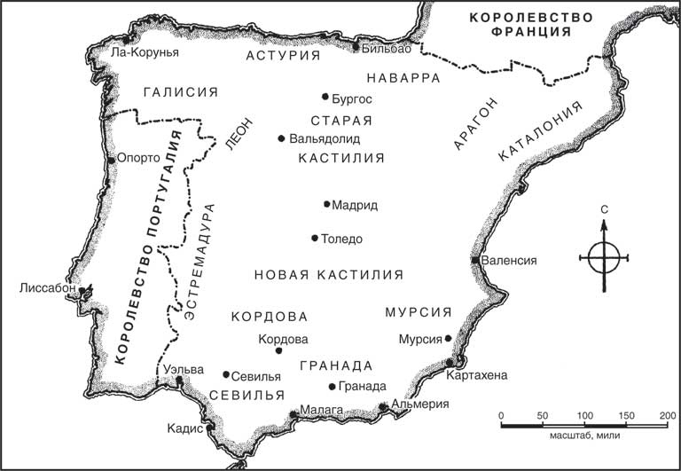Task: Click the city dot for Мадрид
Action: pyautogui.click(x=327, y=204)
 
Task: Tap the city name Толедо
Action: pyautogui.click(x=343, y=239)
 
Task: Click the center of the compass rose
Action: pyautogui.click(x=604, y=258)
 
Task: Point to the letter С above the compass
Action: pyautogui.click(x=604, y=209)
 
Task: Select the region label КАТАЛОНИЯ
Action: pyautogui.click(x=540, y=130)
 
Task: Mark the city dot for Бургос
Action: pyautogui.click(x=325, y=97)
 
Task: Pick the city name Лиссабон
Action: pyautogui.click(x=46, y=288)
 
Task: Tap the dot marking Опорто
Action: pyautogui.click(x=112, y=159)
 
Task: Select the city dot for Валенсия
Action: pyautogui.click(x=475, y=261)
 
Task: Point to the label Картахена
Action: pyautogui.click(x=479, y=375)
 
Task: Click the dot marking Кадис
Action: pyautogui.click(x=211, y=428)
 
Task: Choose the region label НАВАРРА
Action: pyautogui.click(x=403, y=78)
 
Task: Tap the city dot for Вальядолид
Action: pyautogui.click(x=281, y=138)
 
